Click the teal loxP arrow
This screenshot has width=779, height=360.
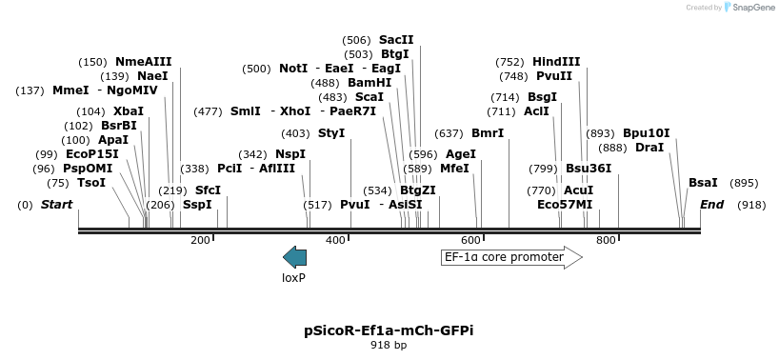tap(295, 256)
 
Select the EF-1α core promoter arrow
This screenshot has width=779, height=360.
tap(511, 257)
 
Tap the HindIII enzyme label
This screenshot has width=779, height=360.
tap(556, 62)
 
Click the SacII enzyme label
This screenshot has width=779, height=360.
tap(396, 40)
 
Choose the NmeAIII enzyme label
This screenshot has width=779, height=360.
tap(143, 62)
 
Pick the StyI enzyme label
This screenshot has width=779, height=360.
tap(331, 133)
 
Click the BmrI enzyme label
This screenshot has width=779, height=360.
tap(488, 133)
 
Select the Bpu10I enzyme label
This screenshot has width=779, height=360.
tap(647, 133)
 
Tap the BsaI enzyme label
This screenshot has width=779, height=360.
tap(703, 183)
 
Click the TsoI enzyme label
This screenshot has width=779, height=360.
tap(91, 183)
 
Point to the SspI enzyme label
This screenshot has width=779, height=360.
tap(197, 205)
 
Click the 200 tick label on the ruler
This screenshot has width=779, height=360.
tap(200, 240)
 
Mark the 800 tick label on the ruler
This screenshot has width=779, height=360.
tap(606, 240)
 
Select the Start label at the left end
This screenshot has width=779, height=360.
tap(57, 205)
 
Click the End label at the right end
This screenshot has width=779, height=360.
tap(712, 205)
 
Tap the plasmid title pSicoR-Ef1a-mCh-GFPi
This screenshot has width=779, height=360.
tap(389, 330)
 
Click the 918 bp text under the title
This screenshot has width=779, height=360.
tap(389, 345)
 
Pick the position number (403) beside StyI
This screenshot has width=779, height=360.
tap(296, 133)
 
